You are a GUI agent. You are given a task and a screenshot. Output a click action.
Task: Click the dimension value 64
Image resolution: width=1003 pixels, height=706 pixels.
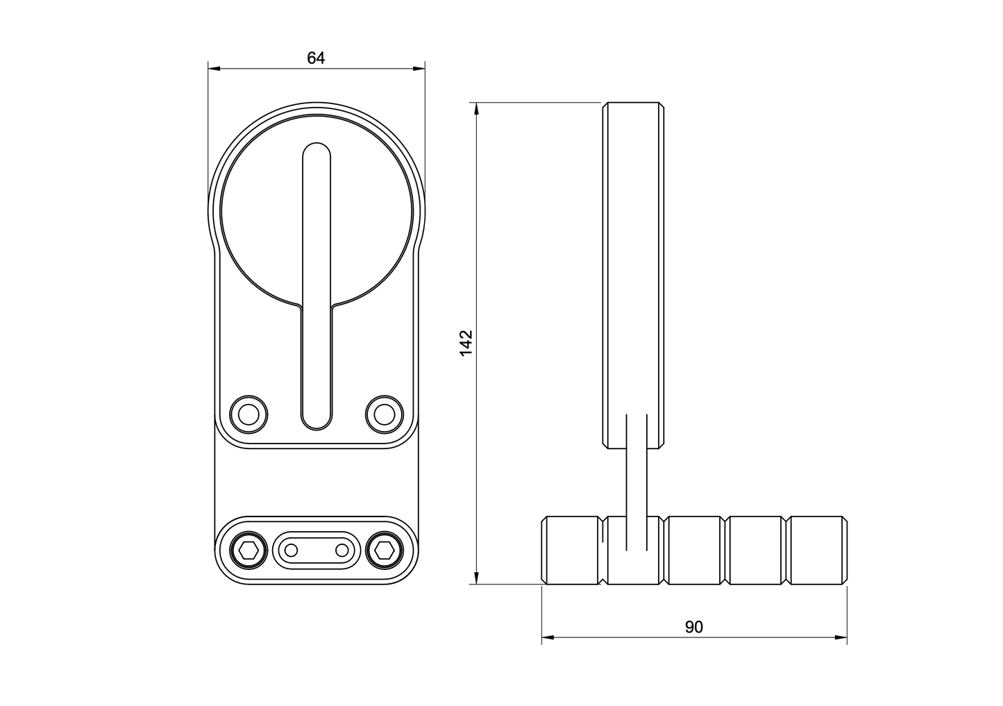(316, 58)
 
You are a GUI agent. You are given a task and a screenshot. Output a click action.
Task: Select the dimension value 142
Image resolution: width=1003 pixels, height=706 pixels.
(466, 343)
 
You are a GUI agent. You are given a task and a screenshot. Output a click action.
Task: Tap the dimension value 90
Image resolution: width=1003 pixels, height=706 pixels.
(694, 627)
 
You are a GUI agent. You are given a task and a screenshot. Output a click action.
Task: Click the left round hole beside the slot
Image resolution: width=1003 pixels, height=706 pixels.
(248, 414)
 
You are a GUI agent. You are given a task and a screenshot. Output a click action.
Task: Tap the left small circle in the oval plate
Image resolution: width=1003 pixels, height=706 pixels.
(292, 550)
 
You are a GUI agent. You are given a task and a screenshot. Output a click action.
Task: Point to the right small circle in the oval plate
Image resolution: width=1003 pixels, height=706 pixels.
(342, 550)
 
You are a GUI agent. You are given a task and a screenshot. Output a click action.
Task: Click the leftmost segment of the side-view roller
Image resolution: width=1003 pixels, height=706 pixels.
(571, 550)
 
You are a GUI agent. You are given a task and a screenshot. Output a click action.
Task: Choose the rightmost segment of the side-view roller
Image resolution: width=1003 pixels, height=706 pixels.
(817, 550)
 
